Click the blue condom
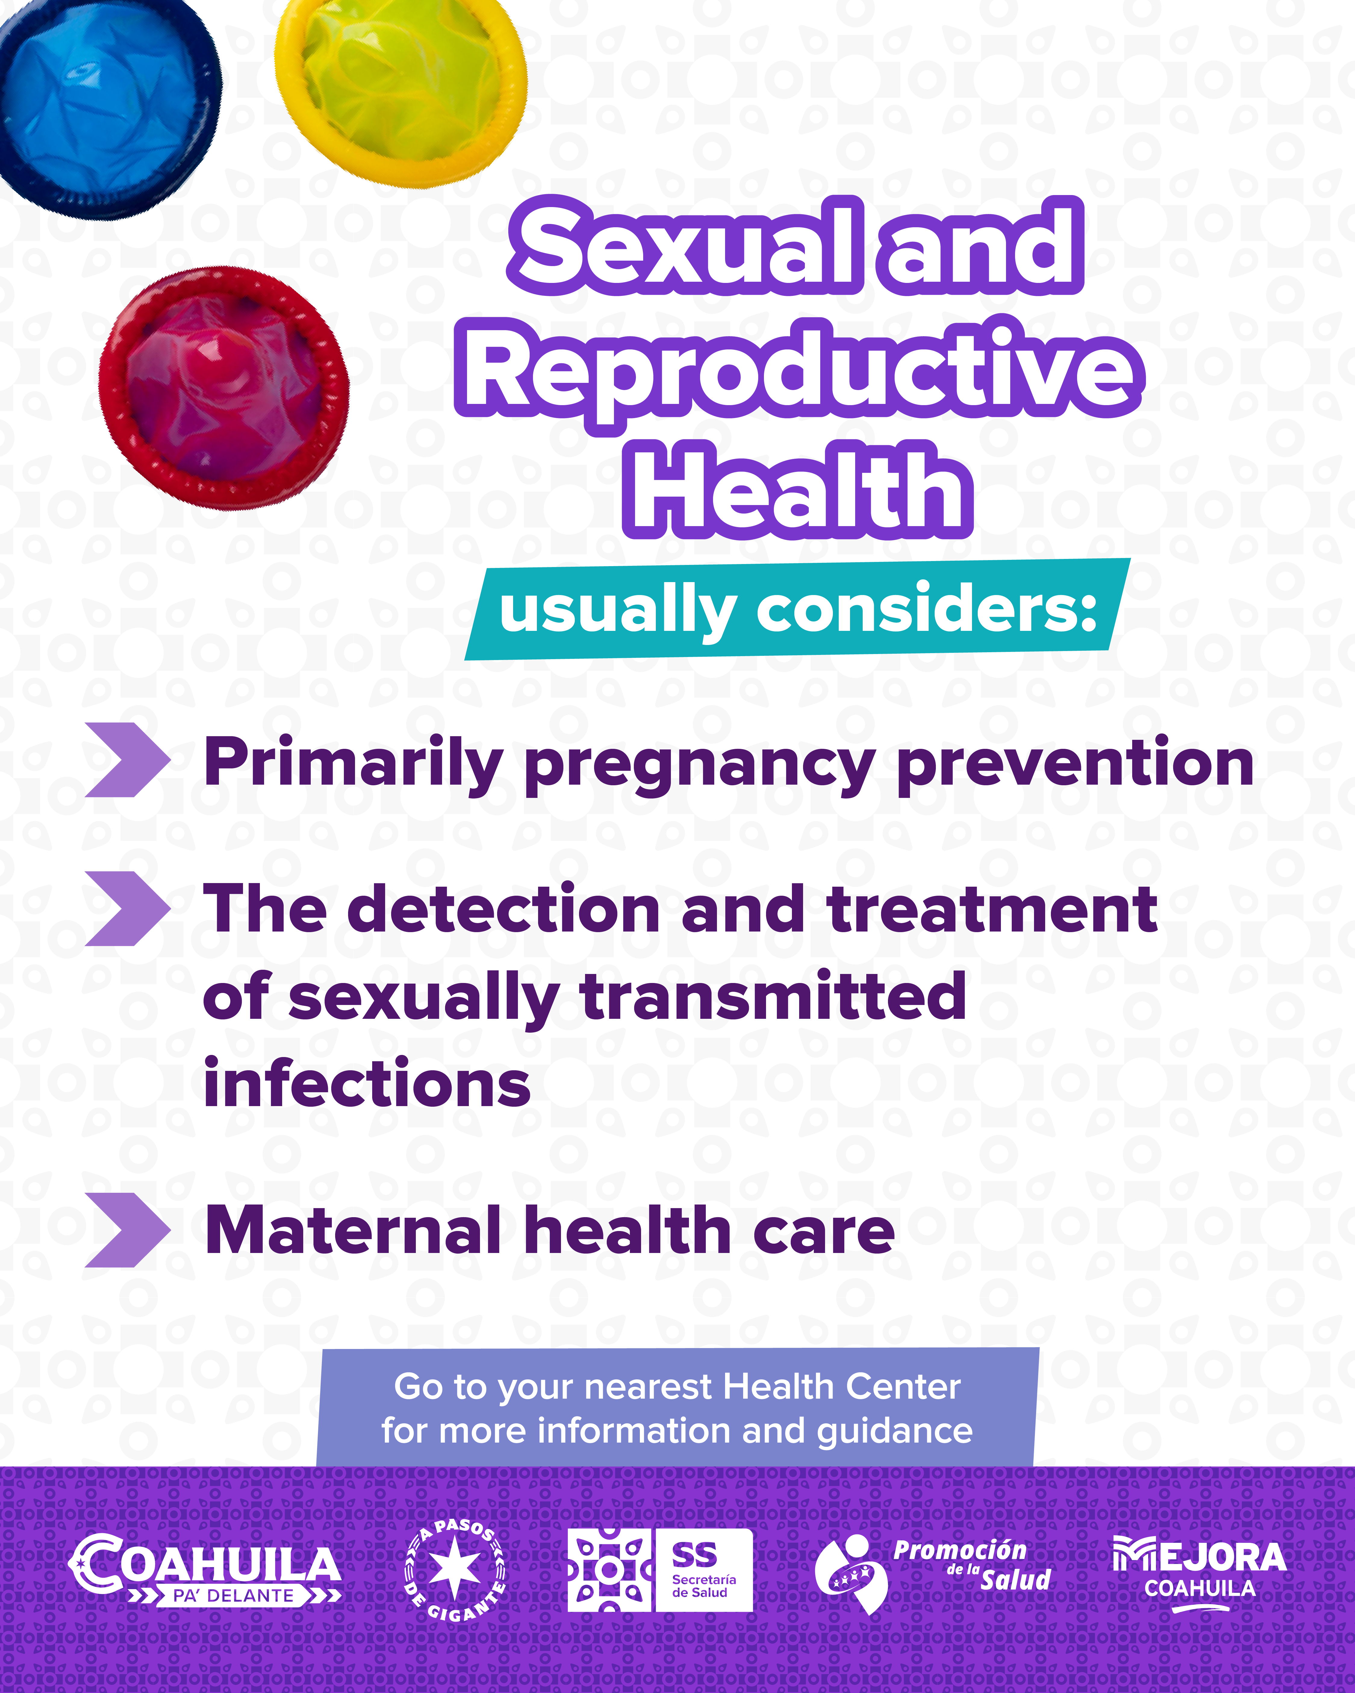106,106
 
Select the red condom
224,389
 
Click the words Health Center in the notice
840,1387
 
